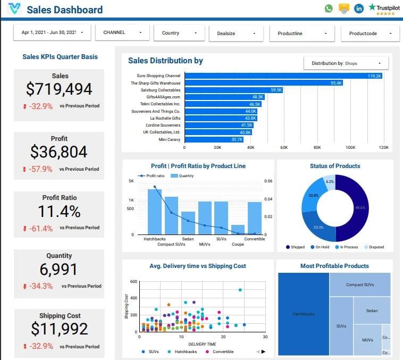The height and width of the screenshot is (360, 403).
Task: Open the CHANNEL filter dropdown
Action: (122, 32)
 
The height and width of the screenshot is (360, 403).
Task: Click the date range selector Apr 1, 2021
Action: (52, 32)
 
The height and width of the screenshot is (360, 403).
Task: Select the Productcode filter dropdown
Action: (370, 33)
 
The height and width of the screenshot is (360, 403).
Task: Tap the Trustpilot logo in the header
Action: (385, 9)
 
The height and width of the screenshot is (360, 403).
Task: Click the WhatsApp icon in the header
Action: (329, 9)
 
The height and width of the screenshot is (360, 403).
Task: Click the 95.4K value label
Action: (336, 83)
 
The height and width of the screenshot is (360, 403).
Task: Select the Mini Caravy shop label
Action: (170, 139)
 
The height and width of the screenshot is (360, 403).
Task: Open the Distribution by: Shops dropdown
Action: (346, 63)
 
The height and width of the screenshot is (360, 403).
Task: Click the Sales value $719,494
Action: (60, 89)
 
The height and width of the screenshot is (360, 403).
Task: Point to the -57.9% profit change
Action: (40, 169)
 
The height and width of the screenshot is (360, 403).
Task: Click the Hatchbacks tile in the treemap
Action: (303, 314)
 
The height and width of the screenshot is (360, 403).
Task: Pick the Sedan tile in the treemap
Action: (372, 311)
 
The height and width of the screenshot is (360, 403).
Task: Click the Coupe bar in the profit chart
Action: (238, 229)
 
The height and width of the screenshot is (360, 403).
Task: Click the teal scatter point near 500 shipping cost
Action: (240, 290)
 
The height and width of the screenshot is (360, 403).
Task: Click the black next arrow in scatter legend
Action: (263, 351)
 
